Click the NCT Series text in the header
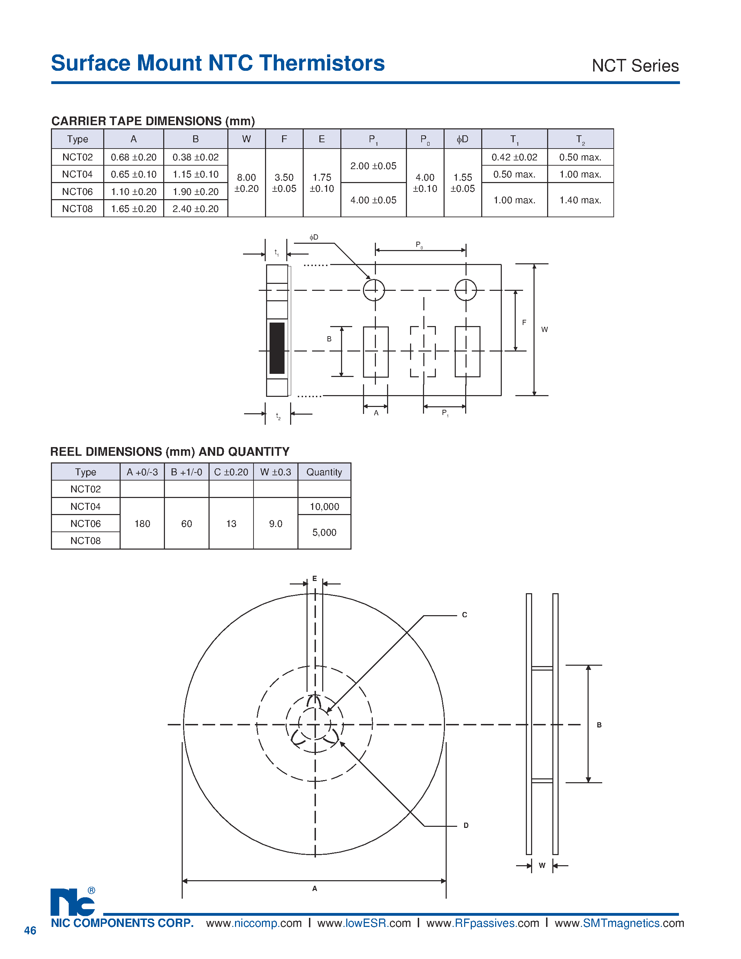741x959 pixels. pos(635,66)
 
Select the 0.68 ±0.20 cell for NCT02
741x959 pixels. pos(134,157)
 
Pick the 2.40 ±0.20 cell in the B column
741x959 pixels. pos(195,209)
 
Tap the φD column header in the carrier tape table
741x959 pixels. pos(462,139)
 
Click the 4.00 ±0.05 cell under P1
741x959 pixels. pos(373,200)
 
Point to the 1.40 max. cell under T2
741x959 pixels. pos(580,200)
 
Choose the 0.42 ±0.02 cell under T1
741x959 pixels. pos(514,157)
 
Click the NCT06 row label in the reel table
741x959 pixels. pos(85,523)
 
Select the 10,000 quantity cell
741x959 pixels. pos(324,507)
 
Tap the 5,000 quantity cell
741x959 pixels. pos(324,532)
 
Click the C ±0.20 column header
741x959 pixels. pos(231,472)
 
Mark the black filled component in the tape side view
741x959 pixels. pos(277,348)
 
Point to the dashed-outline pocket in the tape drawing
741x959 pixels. pos(423,351)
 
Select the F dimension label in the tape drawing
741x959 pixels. pos(524,322)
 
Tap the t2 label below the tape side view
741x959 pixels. pos(278,415)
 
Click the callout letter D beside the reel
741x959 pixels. pos(466,825)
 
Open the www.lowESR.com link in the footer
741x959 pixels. pos(364,923)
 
